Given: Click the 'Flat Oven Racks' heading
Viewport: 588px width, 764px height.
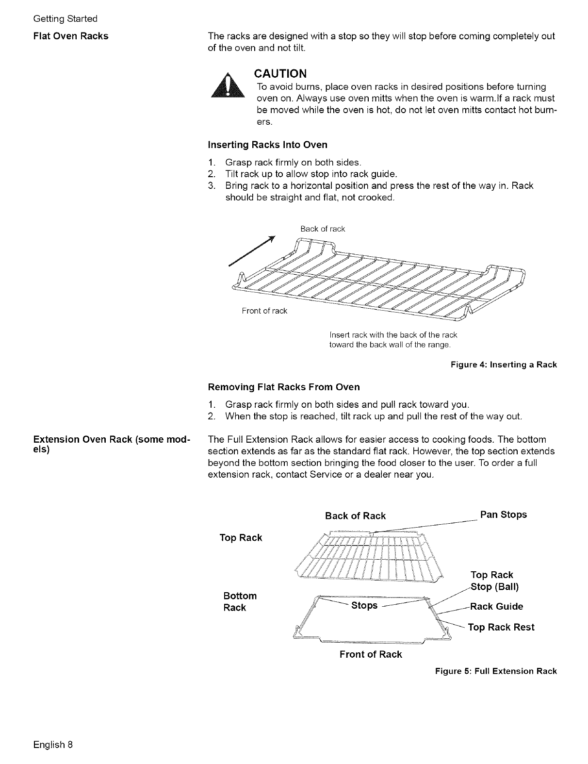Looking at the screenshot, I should click(x=71, y=36).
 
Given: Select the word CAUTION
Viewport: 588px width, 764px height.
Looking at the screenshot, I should click(x=281, y=74).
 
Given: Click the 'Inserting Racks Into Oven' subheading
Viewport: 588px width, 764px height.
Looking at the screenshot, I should click(x=267, y=145).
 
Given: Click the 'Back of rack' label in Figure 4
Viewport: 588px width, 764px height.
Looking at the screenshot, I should click(x=323, y=229).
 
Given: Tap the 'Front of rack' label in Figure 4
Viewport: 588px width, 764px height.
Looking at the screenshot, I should click(x=264, y=311).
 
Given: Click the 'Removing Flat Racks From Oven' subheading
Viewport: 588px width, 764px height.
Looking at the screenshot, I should click(x=284, y=387).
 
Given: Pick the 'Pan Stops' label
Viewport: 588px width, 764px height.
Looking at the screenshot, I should click(x=503, y=515).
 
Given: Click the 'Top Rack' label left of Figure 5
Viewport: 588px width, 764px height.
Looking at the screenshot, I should click(x=241, y=538).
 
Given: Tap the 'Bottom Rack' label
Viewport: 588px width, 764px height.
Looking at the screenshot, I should click(x=240, y=602).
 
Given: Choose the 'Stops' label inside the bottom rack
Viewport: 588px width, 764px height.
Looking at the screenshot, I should click(x=364, y=605).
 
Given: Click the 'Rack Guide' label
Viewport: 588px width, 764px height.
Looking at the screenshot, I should click(x=497, y=606).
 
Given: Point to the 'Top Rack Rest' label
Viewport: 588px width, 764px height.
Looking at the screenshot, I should click(x=501, y=627).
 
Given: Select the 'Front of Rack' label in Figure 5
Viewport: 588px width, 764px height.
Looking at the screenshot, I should click(x=371, y=654).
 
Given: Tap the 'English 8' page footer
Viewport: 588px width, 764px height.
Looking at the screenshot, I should click(x=53, y=744).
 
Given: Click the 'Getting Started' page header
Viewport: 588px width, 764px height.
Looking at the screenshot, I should click(x=65, y=18).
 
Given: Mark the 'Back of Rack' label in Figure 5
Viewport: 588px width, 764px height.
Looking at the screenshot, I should click(x=355, y=516).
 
